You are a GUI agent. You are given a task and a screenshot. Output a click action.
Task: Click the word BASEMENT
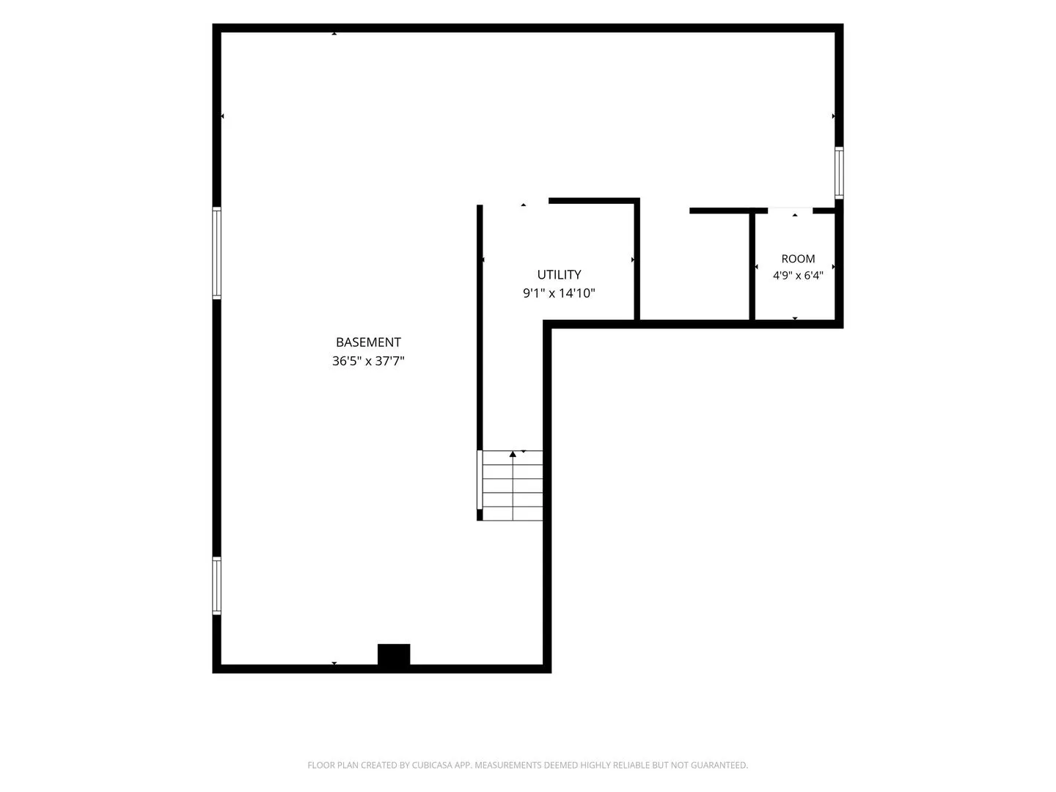[368, 342]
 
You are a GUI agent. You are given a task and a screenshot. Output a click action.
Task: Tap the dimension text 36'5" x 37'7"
[368, 361]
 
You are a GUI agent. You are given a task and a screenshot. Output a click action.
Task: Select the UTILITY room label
[559, 274]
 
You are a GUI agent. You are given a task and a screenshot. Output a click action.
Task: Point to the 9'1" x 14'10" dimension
[559, 293]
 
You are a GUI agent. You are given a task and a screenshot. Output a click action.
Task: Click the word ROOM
[798, 259]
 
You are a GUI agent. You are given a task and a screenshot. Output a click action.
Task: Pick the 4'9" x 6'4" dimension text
[798, 276]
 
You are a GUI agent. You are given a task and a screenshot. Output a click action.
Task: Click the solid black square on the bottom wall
[394, 655]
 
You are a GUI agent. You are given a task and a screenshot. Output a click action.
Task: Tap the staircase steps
[513, 485]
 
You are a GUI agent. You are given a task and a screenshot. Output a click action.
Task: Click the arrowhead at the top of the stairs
[513, 454]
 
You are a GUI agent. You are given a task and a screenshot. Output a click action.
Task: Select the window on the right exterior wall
[839, 172]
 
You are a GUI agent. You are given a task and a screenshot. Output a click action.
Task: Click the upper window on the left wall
[217, 253]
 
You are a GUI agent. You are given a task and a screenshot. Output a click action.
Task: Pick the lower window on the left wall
[217, 586]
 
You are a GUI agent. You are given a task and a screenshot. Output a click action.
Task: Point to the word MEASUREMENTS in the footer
[507, 765]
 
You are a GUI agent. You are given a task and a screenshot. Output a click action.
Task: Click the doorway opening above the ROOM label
[790, 210]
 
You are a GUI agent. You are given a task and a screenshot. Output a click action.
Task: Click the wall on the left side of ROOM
[752, 266]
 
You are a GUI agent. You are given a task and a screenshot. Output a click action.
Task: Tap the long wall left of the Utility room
[480, 328]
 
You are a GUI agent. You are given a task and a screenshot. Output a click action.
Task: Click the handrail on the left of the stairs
[480, 480]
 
